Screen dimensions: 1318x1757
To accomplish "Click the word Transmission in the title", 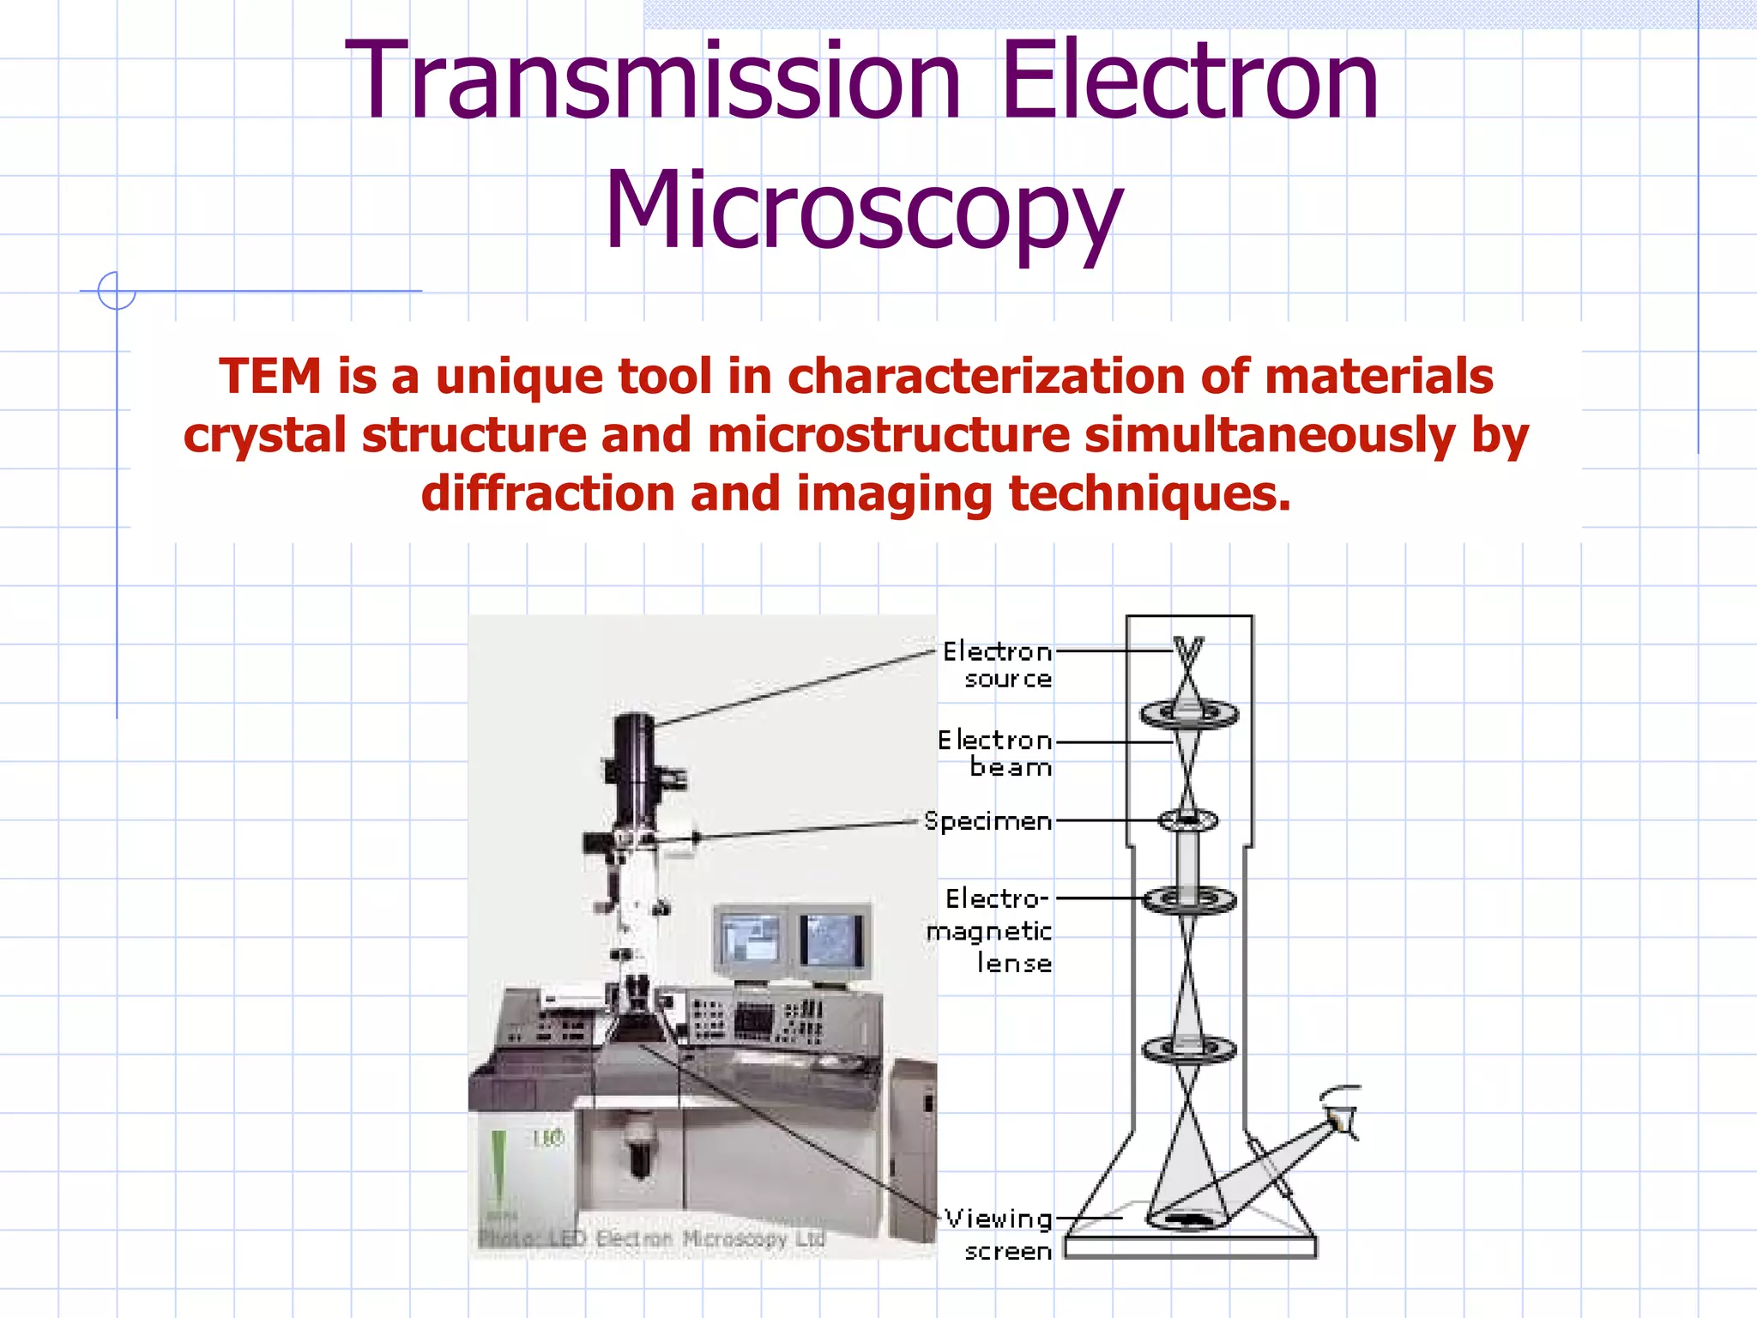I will click(652, 82).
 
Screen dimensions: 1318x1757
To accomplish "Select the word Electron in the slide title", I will click(1189, 82).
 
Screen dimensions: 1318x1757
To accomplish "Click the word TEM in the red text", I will click(269, 377).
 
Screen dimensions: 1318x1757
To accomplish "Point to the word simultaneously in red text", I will click(1270, 435).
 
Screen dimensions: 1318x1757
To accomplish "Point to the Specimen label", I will click(988, 821).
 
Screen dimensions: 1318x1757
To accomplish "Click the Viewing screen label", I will click(1000, 1234).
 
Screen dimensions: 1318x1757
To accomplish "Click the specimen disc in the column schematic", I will click(1187, 820).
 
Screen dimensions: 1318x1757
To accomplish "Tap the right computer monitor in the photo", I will click(830, 940).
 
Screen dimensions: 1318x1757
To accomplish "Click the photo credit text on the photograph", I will click(652, 1238).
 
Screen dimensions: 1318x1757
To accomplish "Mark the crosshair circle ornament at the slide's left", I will click(117, 291).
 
